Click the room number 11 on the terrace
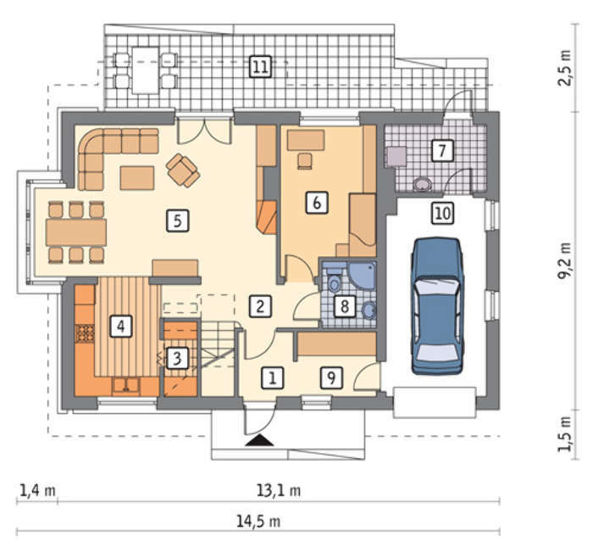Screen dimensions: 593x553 pos(261,67)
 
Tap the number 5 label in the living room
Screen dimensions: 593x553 pos(178,221)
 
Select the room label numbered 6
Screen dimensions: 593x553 pos(317,203)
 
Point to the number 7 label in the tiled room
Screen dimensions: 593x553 pos(442,150)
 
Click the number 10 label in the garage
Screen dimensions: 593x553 pos(443,213)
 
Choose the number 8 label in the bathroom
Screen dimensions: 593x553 pos(345,306)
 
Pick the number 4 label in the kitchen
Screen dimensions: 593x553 pos(120,326)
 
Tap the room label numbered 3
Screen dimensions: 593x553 pos(177,358)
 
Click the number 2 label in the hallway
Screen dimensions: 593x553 pos(260,306)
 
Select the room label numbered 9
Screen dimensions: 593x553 pos(331,377)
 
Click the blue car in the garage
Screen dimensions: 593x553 pos(438,306)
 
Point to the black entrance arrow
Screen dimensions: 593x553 pos(259,440)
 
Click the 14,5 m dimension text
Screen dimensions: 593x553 pos(258,522)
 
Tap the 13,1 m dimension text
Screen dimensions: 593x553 pos(279,490)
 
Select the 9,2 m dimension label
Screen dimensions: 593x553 pos(565,261)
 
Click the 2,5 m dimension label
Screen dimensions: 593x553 pos(565,68)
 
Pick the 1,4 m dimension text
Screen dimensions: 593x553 pos(37,490)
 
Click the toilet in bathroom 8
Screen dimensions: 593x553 pos(334,279)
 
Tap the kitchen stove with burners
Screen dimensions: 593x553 pos(85,333)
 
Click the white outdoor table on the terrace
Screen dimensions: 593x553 pos(145,70)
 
